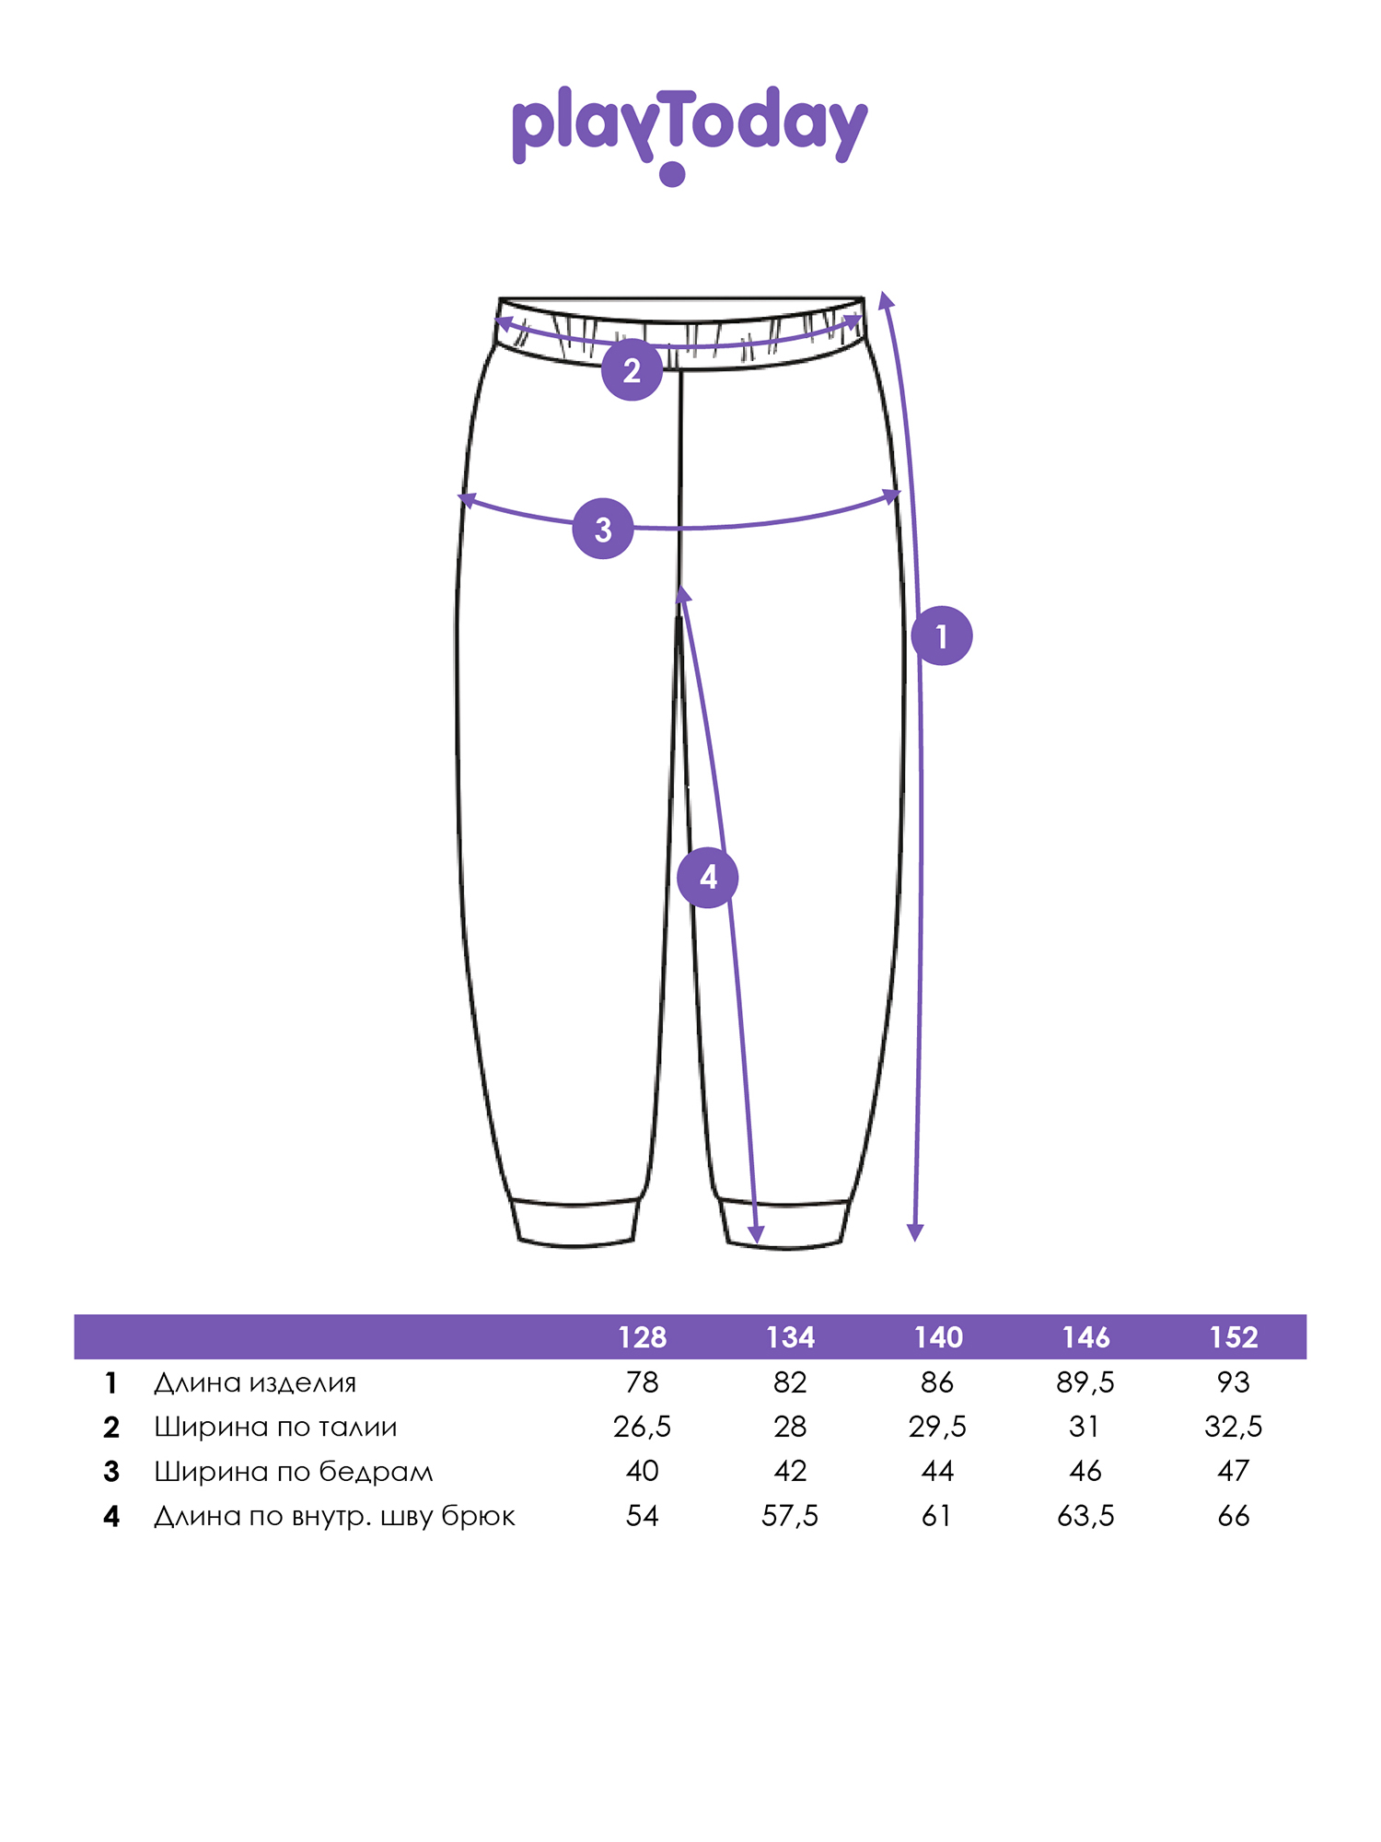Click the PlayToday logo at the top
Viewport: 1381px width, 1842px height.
[x=690, y=134]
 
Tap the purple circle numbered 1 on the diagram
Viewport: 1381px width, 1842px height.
[x=942, y=635]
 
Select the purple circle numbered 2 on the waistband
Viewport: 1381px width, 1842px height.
[x=632, y=370]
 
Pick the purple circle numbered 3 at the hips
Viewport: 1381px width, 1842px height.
[x=603, y=529]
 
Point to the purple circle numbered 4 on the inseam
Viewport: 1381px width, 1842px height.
[x=707, y=877]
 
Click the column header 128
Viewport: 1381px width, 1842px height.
[x=642, y=1337]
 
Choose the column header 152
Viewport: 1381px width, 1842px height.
[x=1234, y=1337]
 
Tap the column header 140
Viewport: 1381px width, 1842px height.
[x=938, y=1337]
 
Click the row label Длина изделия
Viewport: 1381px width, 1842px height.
[x=255, y=1382]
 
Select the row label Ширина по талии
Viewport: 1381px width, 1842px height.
[x=275, y=1427]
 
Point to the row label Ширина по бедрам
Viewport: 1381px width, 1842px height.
[x=293, y=1471]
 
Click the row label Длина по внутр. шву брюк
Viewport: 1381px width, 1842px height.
[x=334, y=1516]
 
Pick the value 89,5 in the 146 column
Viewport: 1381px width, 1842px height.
[x=1085, y=1382]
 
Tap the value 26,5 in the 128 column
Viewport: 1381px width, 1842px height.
[x=642, y=1427]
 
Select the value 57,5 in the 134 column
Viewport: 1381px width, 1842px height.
[x=790, y=1516]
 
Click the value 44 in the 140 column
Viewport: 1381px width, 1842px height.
[x=938, y=1471]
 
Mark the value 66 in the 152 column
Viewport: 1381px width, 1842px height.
[x=1234, y=1516]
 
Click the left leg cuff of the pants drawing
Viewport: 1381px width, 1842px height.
[x=575, y=1223]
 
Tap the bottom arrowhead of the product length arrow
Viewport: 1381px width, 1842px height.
[x=915, y=1233]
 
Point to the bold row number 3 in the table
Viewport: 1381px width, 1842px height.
[x=111, y=1472]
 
